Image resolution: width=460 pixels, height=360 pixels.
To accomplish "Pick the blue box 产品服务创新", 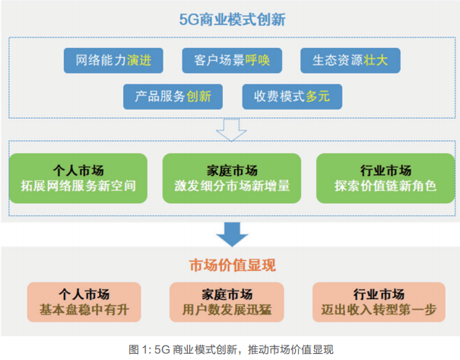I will pyautogui.click(x=173, y=97).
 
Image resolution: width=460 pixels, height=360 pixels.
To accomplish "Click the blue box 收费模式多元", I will pyautogui.click(x=292, y=97).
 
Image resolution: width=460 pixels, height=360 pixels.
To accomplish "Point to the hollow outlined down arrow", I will pyautogui.click(x=230, y=129).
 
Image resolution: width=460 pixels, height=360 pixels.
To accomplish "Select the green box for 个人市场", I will pyautogui.click(x=78, y=177).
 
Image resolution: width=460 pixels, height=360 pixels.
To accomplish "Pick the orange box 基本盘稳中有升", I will pyautogui.click(x=84, y=302).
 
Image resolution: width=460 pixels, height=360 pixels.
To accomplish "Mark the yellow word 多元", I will pyautogui.click(x=319, y=97).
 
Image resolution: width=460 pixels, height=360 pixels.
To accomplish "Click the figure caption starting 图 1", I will pyautogui.click(x=230, y=349).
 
